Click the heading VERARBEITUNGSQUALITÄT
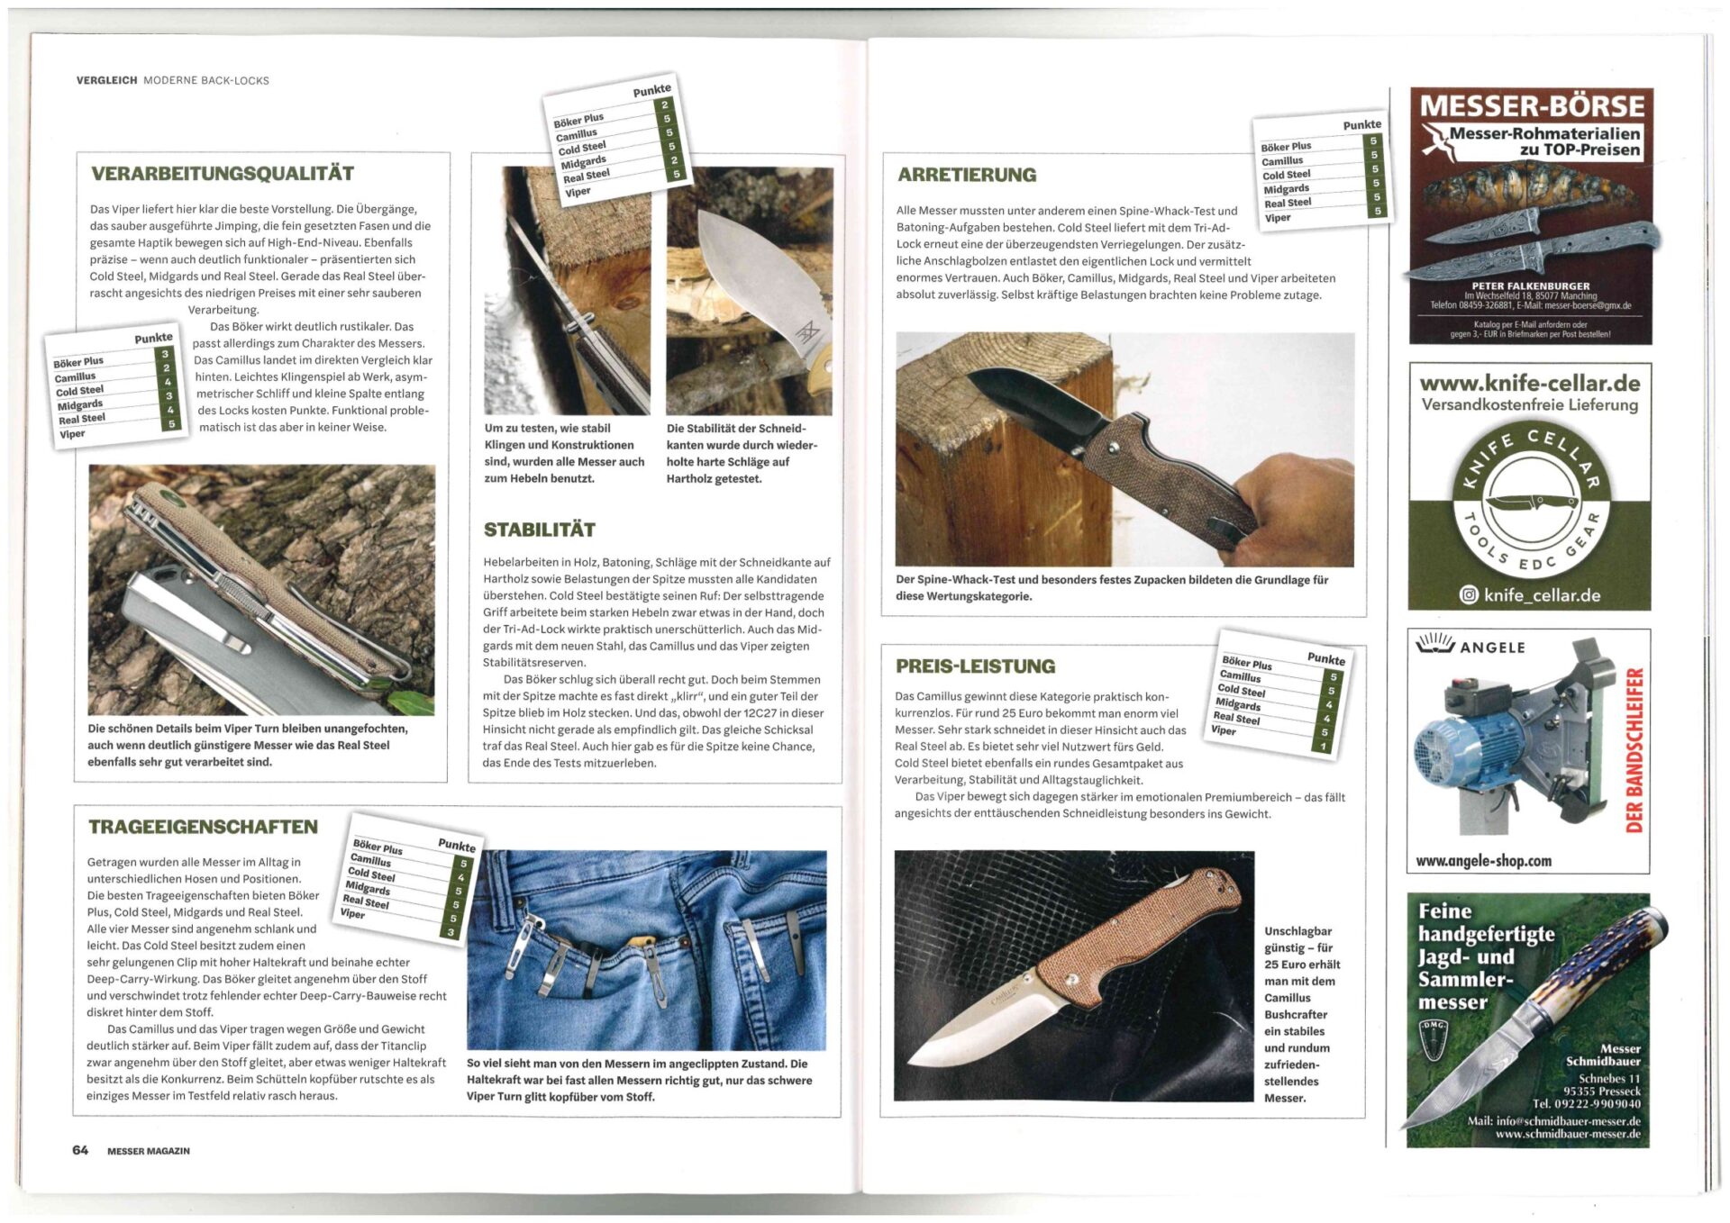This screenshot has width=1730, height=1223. pyautogui.click(x=223, y=173)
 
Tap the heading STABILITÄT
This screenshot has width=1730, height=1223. pyautogui.click(x=539, y=530)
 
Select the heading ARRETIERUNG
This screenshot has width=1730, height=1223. pyautogui.click(x=967, y=175)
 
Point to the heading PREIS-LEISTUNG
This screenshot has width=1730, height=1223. pyautogui.click(x=975, y=666)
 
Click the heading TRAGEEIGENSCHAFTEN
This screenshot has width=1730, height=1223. pyautogui.click(x=203, y=827)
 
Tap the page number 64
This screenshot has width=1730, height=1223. pyautogui.click(x=80, y=1150)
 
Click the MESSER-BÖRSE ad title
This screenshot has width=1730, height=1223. pyautogui.click(x=1532, y=106)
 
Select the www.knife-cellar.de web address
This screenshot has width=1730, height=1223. pyautogui.click(x=1530, y=384)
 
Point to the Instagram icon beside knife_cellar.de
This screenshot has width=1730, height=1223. pyautogui.click(x=1469, y=594)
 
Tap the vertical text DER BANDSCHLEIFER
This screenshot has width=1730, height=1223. pyautogui.click(x=1634, y=749)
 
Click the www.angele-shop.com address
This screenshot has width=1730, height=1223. pyautogui.click(x=1483, y=861)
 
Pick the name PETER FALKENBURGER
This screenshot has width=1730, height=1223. pyautogui.click(x=1531, y=285)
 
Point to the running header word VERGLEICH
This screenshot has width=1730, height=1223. pyautogui.click(x=107, y=80)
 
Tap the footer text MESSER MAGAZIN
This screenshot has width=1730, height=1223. pyautogui.click(x=149, y=1151)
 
